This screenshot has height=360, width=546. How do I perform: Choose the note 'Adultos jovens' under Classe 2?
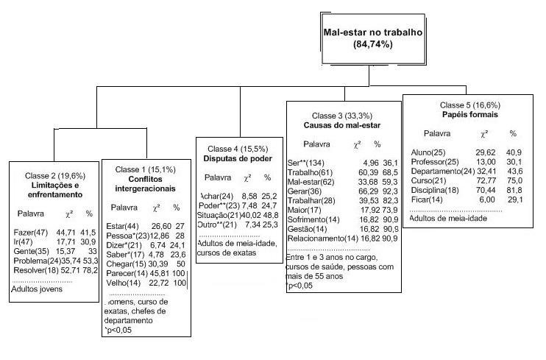click(x=35, y=289)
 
